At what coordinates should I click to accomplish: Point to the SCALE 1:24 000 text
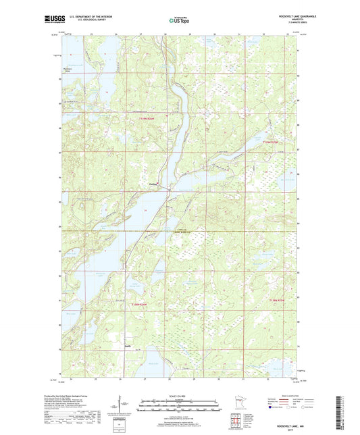tap(180, 395)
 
